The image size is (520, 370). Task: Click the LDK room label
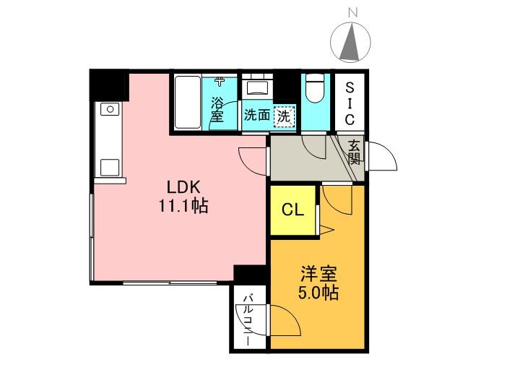pos(183,187)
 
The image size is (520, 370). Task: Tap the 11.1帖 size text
pos(183,206)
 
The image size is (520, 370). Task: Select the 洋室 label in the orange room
pos(318,274)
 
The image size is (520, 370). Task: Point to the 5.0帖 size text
pos(318,293)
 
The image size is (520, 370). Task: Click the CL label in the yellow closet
pos(292,210)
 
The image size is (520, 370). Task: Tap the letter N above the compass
pos(353,13)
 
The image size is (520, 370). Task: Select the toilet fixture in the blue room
pos(315,88)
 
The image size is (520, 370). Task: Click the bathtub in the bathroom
pos(188,102)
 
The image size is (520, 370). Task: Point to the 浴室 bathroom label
pos(217,109)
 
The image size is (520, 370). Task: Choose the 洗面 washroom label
pos(256,115)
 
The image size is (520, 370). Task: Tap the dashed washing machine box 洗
pos(285,116)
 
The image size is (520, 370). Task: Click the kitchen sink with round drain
pos(110,109)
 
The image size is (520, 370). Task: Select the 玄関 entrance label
pos(354,152)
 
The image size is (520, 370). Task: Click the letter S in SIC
pos(350,87)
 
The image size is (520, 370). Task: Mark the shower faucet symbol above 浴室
pos(220,82)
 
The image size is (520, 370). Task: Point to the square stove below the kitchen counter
pos(110,168)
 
